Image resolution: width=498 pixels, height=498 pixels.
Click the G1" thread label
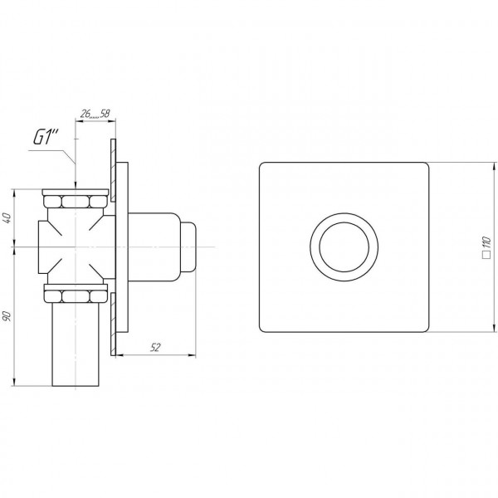pos(46,138)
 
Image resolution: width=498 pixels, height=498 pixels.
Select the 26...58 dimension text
pos(95,114)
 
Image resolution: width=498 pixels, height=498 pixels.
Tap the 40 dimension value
pos(7,217)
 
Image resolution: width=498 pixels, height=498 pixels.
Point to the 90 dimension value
pos(7,316)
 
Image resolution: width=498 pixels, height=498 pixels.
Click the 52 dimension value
pos(155,348)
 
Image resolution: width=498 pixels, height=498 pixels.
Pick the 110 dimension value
pos(487,242)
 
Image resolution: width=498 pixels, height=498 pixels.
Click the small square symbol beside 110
pos(486,255)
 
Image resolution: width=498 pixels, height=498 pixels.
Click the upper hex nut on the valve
pos(76,202)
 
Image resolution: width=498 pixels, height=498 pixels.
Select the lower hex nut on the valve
pos(76,296)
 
